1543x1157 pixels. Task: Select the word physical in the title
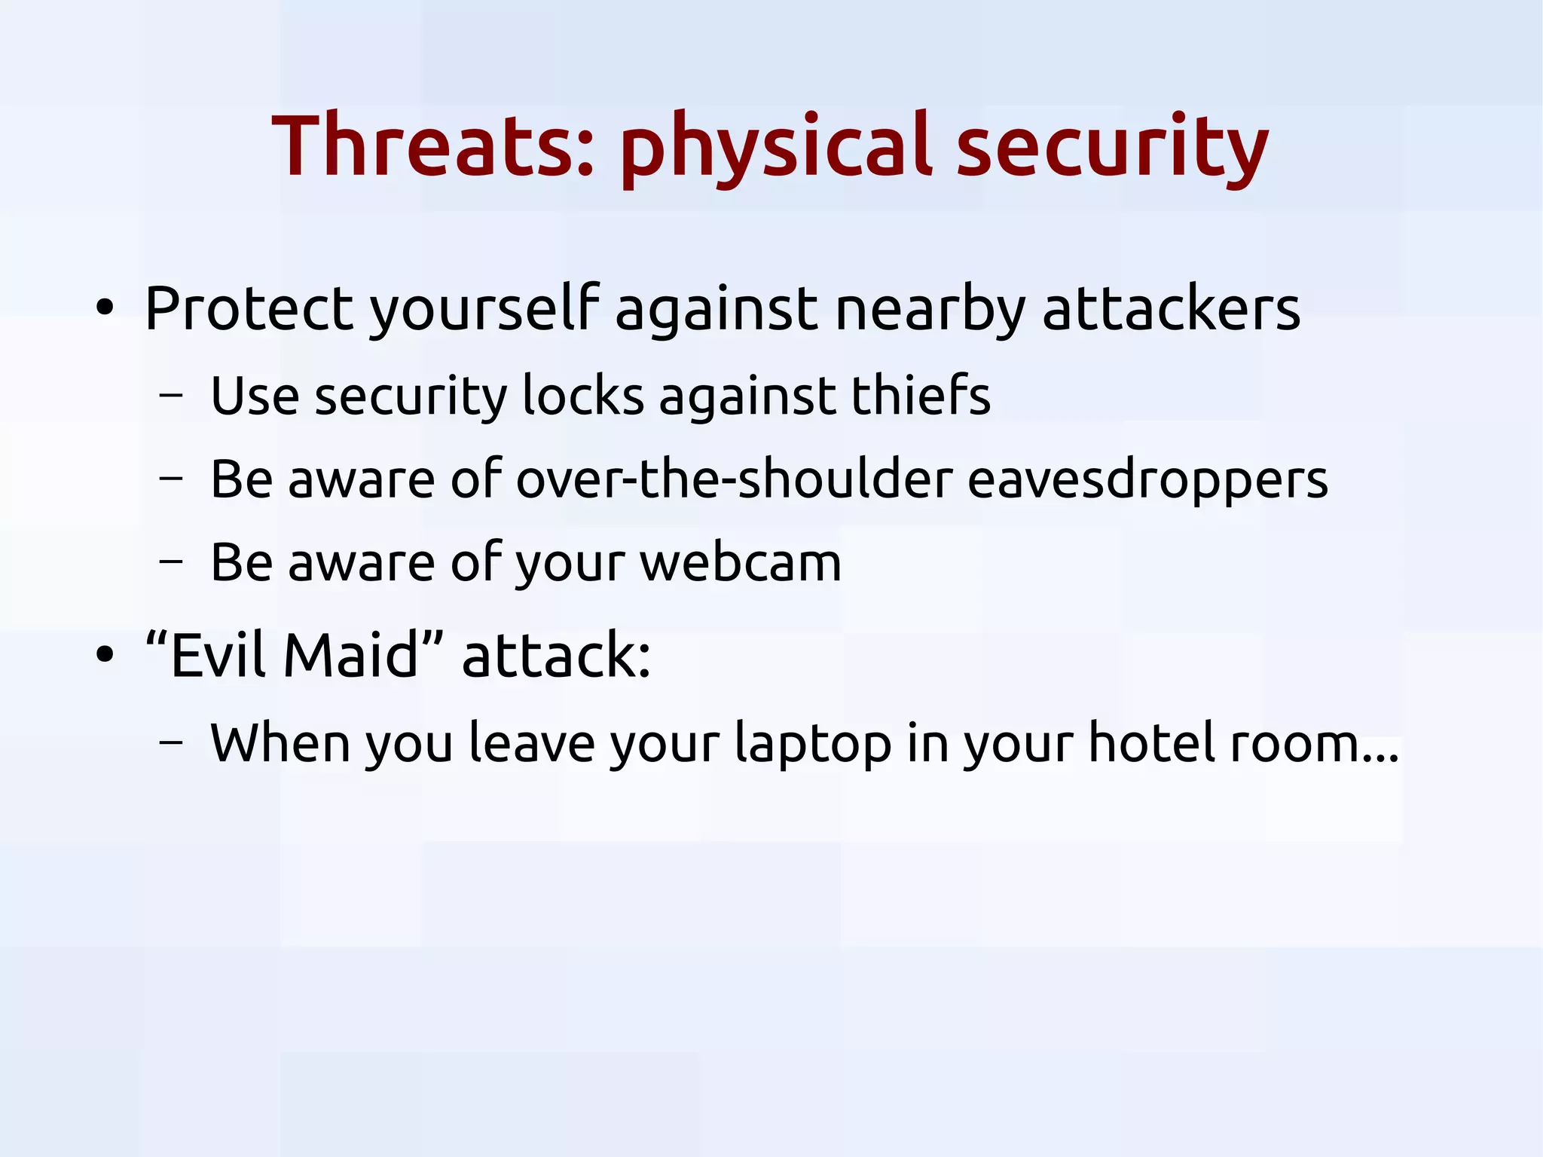tap(776, 148)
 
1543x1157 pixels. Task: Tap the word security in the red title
tap(1112, 148)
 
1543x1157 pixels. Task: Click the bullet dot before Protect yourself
tap(105, 308)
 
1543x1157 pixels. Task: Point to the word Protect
tap(249, 308)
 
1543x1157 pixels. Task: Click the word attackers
tap(1171, 308)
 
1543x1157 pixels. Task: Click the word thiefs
tap(921, 395)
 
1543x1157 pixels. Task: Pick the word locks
tap(583, 395)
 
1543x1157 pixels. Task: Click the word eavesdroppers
tap(1147, 480)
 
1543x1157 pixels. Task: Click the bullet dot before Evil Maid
tap(105, 654)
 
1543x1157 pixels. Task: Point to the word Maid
tap(350, 654)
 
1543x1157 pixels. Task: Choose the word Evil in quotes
tap(218, 654)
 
